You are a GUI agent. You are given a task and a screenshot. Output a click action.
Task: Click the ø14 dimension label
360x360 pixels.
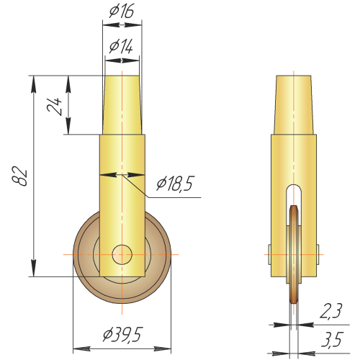[x=121, y=46]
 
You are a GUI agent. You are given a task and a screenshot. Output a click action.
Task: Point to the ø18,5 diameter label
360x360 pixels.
[x=175, y=184]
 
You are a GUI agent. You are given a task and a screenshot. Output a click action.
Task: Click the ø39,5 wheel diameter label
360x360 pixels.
[x=123, y=335]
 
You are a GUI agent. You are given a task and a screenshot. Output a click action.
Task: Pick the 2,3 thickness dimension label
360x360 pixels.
[x=330, y=310]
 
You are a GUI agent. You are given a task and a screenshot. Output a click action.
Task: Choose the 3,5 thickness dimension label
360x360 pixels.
[x=330, y=338]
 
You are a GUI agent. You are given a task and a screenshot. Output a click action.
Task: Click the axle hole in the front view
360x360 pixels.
[x=122, y=254]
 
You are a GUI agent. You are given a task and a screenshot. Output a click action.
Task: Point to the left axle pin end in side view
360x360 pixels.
[x=269, y=254]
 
